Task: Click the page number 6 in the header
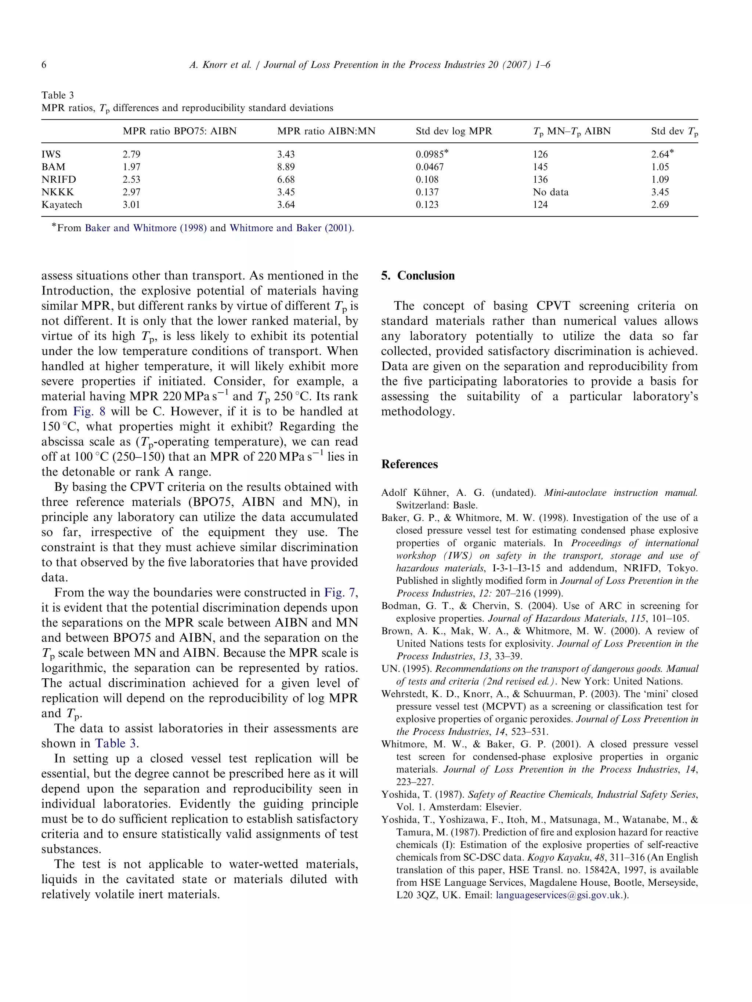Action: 44,65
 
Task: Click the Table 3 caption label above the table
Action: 58,95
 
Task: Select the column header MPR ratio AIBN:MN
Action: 326,131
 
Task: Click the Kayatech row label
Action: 62,205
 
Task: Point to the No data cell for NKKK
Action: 550,192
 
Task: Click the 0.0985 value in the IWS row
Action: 429,154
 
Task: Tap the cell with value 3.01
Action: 131,205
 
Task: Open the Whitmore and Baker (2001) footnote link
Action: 291,228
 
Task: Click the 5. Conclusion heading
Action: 417,276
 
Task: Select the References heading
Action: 409,464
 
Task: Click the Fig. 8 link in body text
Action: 89,411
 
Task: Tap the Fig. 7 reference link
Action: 340,593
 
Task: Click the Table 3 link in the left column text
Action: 115,743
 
